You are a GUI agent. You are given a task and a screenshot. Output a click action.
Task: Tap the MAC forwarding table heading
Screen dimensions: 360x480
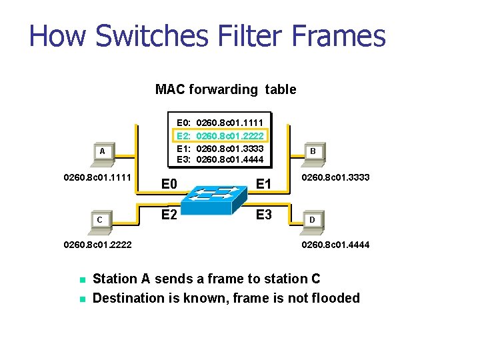point(225,89)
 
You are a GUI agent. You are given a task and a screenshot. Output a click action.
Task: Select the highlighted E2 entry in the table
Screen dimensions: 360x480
point(220,135)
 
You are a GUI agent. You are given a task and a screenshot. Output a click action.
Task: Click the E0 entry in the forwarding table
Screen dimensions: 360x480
point(220,123)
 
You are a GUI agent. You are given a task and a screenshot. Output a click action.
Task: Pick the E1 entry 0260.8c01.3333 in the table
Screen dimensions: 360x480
point(220,148)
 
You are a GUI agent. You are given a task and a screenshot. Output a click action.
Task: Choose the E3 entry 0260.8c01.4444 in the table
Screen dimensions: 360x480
point(220,159)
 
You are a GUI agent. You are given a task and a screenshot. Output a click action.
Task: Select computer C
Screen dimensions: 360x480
point(99,221)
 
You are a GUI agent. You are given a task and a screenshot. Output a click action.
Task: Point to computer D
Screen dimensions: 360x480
point(312,221)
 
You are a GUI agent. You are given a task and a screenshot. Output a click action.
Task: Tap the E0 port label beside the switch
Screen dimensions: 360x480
point(169,184)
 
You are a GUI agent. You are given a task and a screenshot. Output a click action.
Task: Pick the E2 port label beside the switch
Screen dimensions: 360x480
point(169,214)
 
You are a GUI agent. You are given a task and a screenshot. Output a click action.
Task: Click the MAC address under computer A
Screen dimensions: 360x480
point(97,178)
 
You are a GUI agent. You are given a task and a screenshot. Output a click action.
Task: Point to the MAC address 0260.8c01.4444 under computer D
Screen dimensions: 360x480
point(335,245)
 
